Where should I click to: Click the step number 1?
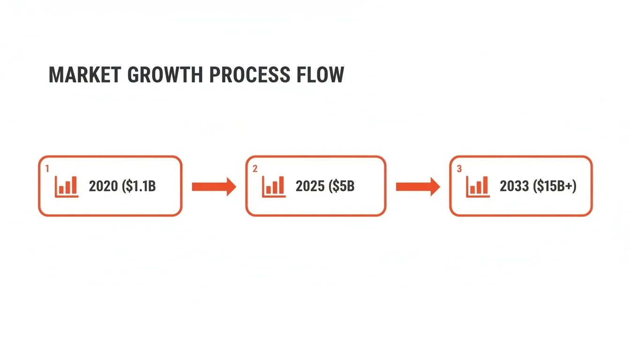47,167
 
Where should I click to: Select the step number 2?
255,169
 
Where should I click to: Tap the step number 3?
459,169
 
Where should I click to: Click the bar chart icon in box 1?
67,187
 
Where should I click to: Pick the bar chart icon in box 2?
274,187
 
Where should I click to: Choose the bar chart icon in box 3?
478,187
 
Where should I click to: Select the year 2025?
310,187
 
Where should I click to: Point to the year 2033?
515,187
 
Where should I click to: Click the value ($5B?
342,187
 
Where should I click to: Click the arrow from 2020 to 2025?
214,187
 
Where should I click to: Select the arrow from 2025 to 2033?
418,187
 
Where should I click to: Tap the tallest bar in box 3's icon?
485,185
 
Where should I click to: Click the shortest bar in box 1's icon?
61,190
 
